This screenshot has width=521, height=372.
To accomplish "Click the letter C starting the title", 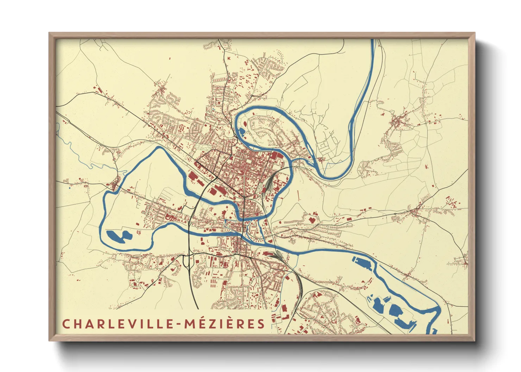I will pos(66,324).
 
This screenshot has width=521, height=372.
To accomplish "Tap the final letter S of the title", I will pos(261,324).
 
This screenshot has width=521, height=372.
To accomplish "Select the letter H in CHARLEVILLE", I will pos(77,324).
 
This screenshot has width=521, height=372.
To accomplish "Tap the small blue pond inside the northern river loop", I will pos(242,132).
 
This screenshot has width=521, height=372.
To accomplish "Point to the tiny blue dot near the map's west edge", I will pos(70,188).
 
